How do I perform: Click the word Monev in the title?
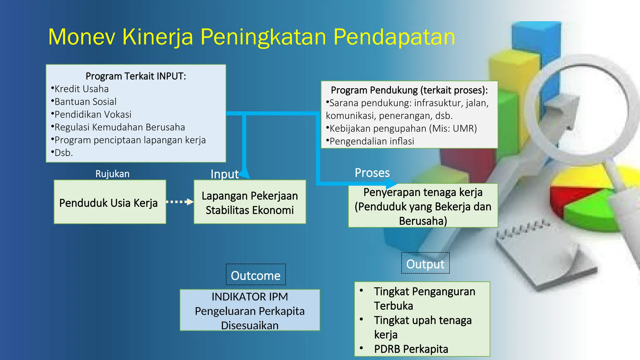(x=82, y=37)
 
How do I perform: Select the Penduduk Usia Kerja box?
(x=109, y=202)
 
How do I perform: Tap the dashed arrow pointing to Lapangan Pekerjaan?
(x=180, y=202)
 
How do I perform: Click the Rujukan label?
(x=112, y=174)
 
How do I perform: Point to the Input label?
(x=224, y=174)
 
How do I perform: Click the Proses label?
(x=372, y=173)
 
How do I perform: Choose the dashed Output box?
(x=425, y=263)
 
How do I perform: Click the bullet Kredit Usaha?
(x=81, y=89)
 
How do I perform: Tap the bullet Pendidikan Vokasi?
(x=92, y=115)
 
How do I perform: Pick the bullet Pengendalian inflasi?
(x=372, y=141)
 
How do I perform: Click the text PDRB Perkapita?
(x=411, y=349)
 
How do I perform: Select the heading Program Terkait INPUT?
(x=136, y=76)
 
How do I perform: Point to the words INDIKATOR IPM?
(x=250, y=297)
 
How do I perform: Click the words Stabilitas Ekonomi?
(x=250, y=210)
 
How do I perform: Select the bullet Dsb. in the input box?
(x=63, y=153)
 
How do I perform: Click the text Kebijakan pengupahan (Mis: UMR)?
(x=403, y=128)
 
